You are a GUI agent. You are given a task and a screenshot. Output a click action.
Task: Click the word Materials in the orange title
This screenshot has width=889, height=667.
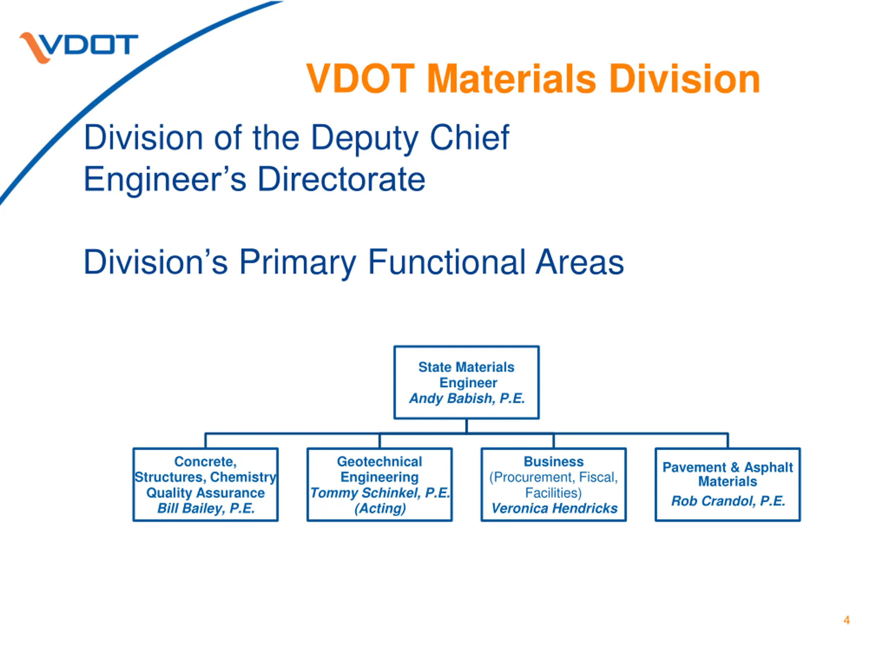point(511,79)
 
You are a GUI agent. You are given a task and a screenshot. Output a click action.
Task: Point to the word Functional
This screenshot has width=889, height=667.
point(447,262)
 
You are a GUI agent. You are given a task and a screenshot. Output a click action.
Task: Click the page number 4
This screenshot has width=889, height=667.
point(846,620)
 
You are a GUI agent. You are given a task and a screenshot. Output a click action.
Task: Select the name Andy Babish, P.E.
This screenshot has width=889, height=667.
point(467,398)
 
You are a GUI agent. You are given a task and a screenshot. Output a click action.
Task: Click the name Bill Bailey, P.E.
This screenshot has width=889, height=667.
point(206,508)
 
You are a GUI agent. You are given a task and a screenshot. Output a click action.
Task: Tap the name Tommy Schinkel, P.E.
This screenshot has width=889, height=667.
point(380,493)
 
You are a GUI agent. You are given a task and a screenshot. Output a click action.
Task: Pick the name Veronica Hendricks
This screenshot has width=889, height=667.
point(554,508)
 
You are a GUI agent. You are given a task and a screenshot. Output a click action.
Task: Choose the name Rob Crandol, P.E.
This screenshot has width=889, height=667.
point(728,501)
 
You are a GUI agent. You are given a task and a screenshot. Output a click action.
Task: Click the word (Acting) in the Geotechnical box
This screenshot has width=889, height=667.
point(380,508)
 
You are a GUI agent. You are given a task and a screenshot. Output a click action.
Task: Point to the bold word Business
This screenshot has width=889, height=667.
point(554,462)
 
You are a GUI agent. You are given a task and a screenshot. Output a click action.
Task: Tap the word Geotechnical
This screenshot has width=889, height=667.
point(380,462)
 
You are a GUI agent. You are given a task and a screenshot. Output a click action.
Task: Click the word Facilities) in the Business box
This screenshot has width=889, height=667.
point(554,493)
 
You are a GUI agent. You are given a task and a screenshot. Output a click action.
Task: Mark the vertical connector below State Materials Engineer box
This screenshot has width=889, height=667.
point(467,426)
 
